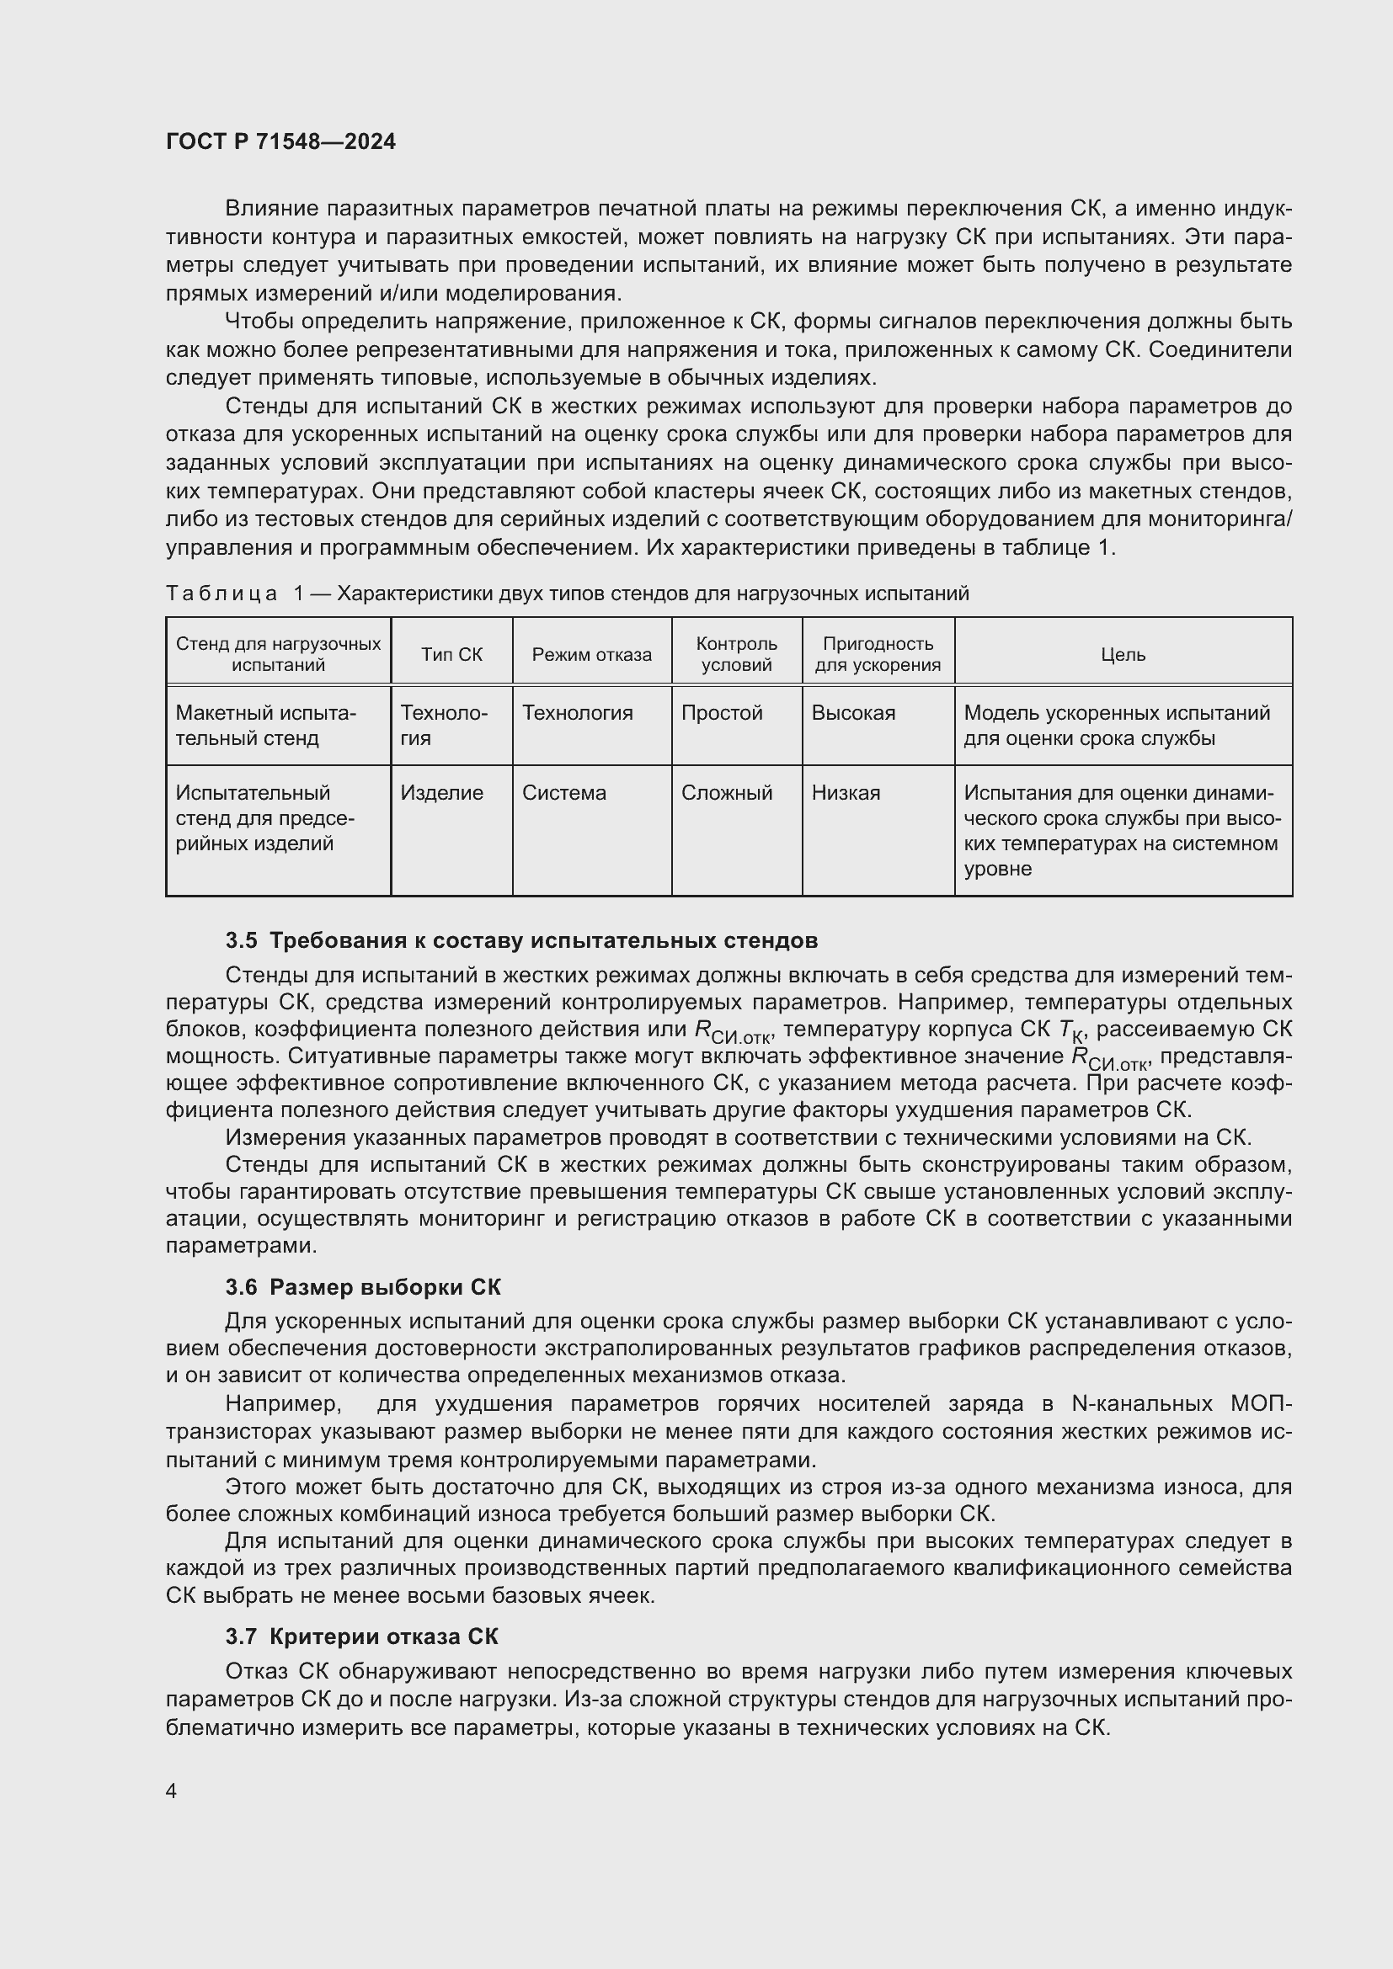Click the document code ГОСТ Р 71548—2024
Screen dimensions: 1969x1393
tap(280, 142)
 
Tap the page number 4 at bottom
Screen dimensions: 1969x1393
tap(172, 1791)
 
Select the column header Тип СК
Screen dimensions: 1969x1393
tap(451, 654)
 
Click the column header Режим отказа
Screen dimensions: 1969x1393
tap(591, 654)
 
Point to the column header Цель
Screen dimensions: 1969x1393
tap(1123, 654)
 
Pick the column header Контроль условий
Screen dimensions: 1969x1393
tap(736, 654)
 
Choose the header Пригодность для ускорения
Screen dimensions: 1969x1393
tap(878, 654)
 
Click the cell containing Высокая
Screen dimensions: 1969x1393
tap(852, 713)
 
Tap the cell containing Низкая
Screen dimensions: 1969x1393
tap(845, 792)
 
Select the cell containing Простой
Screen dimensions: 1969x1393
tap(722, 713)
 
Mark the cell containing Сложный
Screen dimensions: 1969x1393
tap(727, 792)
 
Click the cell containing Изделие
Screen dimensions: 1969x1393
tap(442, 792)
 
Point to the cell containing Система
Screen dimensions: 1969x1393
tap(563, 792)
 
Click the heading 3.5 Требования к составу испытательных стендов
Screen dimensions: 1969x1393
tap(520, 941)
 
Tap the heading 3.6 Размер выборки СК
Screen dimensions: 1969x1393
tap(363, 1287)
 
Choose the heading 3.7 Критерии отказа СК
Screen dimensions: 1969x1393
tap(361, 1636)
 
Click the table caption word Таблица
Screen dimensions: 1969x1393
tap(221, 593)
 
